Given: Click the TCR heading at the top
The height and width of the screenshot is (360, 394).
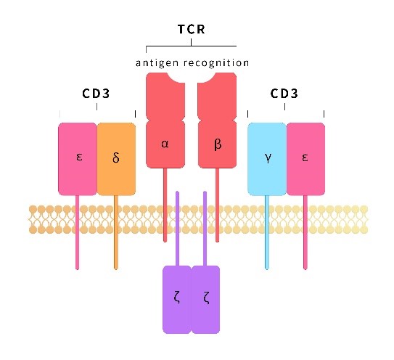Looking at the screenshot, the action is (192, 29).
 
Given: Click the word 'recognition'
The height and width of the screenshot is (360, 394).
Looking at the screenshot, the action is (216, 63).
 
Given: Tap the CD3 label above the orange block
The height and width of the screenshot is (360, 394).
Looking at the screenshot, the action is (96, 94).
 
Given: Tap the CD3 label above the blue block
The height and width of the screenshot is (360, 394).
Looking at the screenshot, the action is (284, 94).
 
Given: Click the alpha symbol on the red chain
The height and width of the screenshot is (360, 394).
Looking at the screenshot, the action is (165, 144).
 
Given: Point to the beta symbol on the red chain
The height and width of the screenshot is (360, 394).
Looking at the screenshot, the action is (218, 144).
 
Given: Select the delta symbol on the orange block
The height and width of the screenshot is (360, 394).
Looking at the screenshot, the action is (116, 157).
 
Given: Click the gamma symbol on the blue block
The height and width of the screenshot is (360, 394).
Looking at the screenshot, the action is (268, 158).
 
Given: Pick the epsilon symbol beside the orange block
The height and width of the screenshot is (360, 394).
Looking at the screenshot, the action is (79, 157).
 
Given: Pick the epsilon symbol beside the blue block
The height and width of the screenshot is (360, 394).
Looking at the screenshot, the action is (305, 157).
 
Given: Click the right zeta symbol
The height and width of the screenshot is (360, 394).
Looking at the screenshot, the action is (206, 298).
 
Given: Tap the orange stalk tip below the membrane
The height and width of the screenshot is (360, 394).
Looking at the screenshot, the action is (116, 269).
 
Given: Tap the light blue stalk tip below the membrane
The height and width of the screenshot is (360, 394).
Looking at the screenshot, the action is (267, 269).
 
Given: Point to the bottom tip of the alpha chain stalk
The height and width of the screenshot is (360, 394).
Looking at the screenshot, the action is (165, 241).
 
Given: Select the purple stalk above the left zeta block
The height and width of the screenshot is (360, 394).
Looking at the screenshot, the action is (177, 229).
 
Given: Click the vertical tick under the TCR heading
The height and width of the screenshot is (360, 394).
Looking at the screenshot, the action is (192, 42).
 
